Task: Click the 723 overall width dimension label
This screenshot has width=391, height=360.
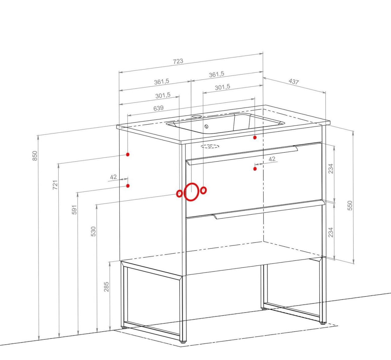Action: (x=178, y=61)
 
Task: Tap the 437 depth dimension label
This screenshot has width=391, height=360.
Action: (x=294, y=81)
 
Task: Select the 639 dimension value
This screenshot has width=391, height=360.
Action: (x=158, y=108)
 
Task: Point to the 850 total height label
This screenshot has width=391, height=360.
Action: (x=35, y=156)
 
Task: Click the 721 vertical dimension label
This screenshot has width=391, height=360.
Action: (x=55, y=185)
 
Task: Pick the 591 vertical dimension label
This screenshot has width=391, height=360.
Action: (x=75, y=210)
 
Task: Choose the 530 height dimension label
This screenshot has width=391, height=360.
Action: (x=93, y=231)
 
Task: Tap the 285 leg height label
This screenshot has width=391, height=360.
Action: (x=106, y=287)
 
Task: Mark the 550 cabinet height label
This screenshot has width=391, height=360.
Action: (x=350, y=205)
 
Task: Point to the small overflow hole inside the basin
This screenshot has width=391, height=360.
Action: (x=206, y=126)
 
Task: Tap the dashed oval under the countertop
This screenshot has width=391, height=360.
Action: (x=210, y=146)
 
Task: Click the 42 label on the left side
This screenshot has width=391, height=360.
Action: (x=113, y=177)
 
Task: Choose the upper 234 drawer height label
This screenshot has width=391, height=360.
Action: (x=331, y=169)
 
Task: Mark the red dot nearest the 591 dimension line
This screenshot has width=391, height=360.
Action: (x=128, y=186)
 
